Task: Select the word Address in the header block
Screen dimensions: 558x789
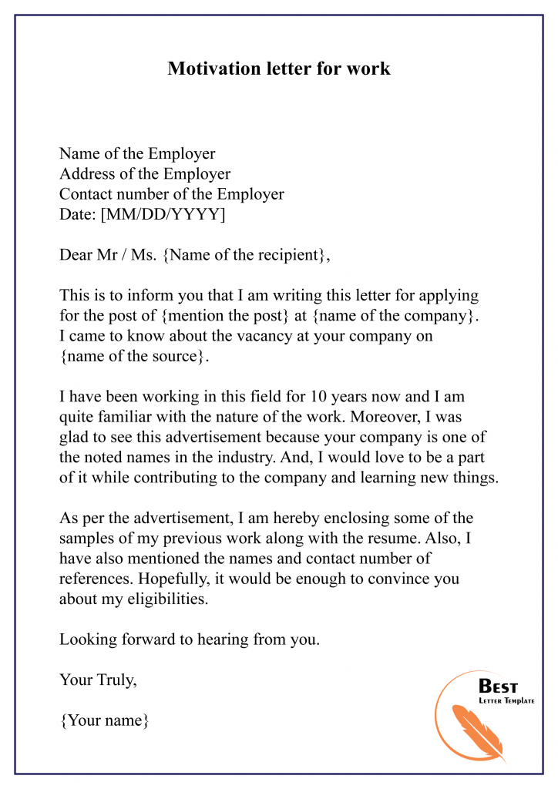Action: point(87,174)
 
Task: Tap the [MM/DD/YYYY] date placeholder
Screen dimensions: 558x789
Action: point(163,215)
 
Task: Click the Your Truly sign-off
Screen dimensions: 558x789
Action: point(98,680)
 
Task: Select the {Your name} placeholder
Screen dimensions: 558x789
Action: point(103,720)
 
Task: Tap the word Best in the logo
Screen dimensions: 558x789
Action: point(499,686)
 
